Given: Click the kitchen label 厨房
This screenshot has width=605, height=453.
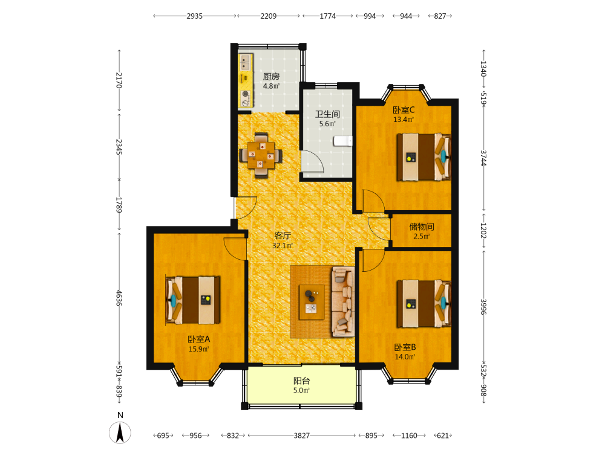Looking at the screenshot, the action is coord(271,77).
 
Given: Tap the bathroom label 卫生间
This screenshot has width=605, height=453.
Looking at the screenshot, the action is coord(327,114).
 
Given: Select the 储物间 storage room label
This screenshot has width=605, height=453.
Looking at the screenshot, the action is coord(421,226).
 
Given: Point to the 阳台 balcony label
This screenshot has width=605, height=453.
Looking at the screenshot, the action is coord(301,381).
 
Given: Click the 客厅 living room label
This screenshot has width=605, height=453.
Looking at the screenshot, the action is coord(283,236).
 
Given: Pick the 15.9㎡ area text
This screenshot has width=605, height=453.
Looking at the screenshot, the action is coord(198,349).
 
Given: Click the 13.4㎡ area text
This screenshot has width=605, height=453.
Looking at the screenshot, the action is coord(404,120).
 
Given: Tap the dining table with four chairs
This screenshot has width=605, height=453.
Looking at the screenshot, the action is coord(261,155).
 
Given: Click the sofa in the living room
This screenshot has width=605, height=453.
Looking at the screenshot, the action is coord(342,301).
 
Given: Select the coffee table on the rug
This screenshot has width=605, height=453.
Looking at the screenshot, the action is coord(312,302).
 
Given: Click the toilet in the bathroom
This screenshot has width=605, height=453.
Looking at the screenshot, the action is coord(342,141).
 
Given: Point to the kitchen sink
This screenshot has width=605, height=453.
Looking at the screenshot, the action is coord(246,63).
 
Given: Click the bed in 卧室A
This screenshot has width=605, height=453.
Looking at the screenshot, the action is coord(192,300).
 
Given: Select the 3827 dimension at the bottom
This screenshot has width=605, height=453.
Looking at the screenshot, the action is coord(301,435).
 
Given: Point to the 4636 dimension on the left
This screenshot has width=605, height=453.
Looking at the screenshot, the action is coord(119,298).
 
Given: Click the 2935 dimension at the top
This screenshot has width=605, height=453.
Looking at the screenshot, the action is coord(194,16).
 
